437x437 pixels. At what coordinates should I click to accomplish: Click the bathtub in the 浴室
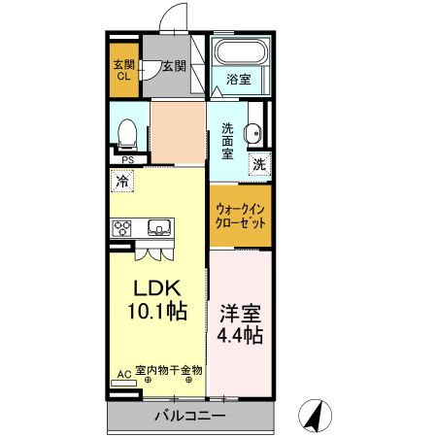pyautogui.click(x=241, y=51)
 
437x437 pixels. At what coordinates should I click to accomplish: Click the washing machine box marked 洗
pyautogui.click(x=259, y=164)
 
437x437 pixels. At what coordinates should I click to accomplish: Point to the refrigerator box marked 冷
pyautogui.click(x=122, y=181)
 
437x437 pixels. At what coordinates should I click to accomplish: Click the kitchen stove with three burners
pyautogui.click(x=121, y=228)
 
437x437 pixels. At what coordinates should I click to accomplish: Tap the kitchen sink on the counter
pyautogui.click(x=159, y=227)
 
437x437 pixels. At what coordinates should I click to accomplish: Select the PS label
pyautogui.click(x=128, y=160)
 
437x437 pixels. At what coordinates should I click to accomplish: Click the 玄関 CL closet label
pyautogui.click(x=124, y=70)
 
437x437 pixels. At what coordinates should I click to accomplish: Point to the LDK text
pyautogui.click(x=157, y=288)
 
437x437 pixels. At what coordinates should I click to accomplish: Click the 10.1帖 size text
pyautogui.click(x=157, y=311)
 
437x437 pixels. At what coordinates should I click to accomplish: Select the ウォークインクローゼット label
pyautogui.click(x=240, y=217)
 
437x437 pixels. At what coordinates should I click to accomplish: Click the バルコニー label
pyautogui.click(x=190, y=416)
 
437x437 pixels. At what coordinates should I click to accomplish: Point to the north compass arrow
pyautogui.click(x=315, y=417)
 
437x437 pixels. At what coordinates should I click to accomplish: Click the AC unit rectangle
pyautogui.click(x=123, y=384)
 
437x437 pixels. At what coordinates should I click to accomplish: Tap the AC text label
pyautogui.click(x=124, y=375)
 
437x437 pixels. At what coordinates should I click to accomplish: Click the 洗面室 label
pyautogui.click(x=227, y=142)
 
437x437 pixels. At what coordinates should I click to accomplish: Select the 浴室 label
pyautogui.click(x=239, y=79)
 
